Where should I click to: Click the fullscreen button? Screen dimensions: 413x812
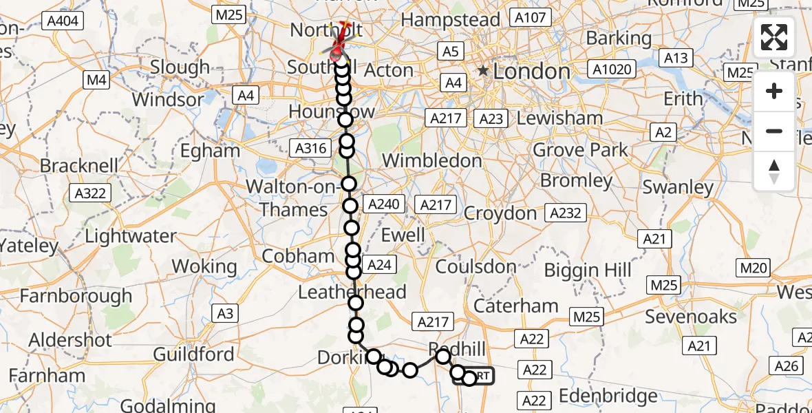click(x=774, y=37)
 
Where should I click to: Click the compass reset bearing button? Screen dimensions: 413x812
click(x=774, y=170)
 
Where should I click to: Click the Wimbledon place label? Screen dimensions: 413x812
click(x=431, y=160)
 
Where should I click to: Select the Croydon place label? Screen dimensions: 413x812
click(x=500, y=213)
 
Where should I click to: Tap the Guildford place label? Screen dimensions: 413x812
click(x=193, y=354)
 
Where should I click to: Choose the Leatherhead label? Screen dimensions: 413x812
click(x=352, y=292)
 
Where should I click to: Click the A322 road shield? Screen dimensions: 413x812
click(x=91, y=193)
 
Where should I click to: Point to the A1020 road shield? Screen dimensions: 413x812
click(x=609, y=69)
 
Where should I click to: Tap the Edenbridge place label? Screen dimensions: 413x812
click(x=608, y=396)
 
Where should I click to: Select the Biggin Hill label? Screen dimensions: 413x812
click(x=588, y=270)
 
